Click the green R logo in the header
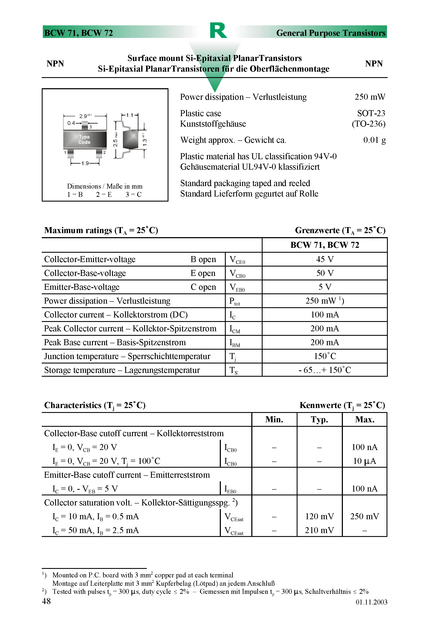[218, 30]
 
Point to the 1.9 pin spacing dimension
[85, 163]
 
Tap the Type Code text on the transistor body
[84, 140]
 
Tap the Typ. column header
[319, 420]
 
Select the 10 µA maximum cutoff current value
[364, 461]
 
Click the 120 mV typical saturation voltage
[319, 516]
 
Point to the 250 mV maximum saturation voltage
[364, 516]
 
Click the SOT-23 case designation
[371, 113]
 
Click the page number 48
[46, 601]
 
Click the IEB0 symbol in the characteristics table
[230, 489]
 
